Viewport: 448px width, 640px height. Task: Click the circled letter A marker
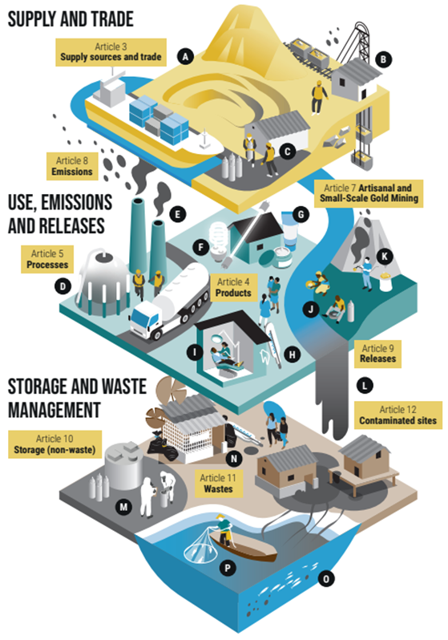[x=185, y=56]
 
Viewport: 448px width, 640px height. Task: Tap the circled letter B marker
[x=383, y=59]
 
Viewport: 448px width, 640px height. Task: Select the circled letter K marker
[x=384, y=257]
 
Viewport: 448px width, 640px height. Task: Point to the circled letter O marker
[x=326, y=578]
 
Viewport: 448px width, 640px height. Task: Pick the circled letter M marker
[x=123, y=507]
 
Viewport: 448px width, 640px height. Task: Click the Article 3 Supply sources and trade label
[x=111, y=52]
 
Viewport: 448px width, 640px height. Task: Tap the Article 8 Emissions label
[x=72, y=166]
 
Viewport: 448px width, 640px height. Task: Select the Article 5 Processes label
[x=47, y=259]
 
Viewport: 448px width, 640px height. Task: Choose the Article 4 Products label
[x=233, y=287]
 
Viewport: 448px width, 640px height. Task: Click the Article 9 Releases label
[x=377, y=354]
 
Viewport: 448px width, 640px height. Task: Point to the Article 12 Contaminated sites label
[x=398, y=415]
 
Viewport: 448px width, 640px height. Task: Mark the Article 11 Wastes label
[x=218, y=484]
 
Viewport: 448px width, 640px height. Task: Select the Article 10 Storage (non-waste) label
[x=54, y=444]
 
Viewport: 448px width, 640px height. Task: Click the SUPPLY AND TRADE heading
[x=71, y=19]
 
